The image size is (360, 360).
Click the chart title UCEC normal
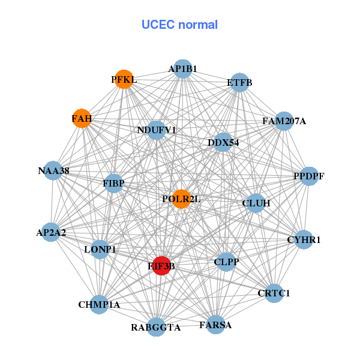[x=179, y=25]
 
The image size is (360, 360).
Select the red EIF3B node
[x=161, y=265]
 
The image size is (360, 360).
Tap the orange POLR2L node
[x=181, y=199]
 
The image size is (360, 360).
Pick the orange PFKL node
[x=124, y=79]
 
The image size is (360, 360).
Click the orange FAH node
[x=82, y=119]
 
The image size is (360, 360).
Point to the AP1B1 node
[x=182, y=69]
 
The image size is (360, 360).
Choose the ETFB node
[x=239, y=82]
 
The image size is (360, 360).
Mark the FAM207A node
[x=283, y=121]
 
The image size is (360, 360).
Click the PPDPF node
[x=308, y=176]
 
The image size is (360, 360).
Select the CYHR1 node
[x=304, y=239]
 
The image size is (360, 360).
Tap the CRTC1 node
[x=274, y=293]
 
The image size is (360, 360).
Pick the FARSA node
[x=215, y=325]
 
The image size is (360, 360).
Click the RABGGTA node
[x=156, y=327]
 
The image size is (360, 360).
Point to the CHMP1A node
[x=100, y=304]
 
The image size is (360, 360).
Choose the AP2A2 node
[x=52, y=232]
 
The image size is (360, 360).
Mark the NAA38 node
[x=53, y=171]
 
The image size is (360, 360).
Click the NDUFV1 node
[x=156, y=130]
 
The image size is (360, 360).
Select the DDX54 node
[x=223, y=142]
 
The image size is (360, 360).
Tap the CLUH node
[x=256, y=203]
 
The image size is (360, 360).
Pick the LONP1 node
[x=100, y=249]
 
